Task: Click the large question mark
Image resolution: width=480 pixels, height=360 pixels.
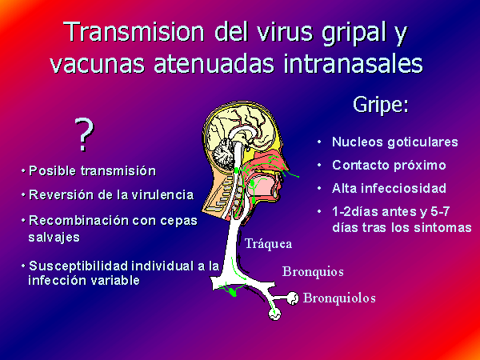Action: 84,135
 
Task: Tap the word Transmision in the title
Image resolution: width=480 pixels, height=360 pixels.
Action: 134,31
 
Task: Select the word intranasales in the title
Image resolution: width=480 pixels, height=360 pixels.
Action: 353,63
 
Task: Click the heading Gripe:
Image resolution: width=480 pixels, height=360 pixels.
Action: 381,105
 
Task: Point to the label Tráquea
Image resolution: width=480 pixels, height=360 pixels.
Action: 268,244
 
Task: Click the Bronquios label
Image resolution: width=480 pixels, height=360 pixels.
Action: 313,271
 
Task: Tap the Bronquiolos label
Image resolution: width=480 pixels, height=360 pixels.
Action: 339,298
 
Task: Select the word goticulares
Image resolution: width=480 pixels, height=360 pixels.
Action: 422,142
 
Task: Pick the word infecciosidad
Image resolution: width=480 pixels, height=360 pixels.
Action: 403,188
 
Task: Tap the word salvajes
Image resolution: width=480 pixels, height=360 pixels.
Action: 54,238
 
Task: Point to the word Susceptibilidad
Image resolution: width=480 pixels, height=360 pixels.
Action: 79,266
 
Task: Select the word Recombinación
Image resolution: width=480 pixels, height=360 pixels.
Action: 77,221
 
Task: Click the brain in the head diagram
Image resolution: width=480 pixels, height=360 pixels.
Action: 238,132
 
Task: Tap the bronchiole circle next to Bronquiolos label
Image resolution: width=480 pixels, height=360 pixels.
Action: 293,298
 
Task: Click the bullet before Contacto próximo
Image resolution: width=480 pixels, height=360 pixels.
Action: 319,166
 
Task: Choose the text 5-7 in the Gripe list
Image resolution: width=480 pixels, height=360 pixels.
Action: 439,211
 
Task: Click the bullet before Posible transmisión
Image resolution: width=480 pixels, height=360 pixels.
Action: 23,171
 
